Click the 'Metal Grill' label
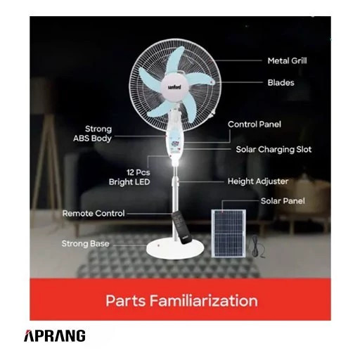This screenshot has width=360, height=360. click(x=287, y=61)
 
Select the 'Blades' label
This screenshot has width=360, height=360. click(x=281, y=82)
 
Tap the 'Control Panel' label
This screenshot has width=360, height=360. click(x=255, y=124)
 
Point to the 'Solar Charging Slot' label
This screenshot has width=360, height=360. click(x=274, y=150)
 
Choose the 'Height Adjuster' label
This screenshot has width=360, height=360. click(x=258, y=181)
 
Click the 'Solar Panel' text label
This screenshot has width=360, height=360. click(x=283, y=201)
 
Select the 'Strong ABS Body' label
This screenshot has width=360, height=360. click(x=92, y=134)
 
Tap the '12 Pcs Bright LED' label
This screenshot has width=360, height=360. click(x=129, y=177)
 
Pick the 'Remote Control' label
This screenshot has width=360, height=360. click(x=94, y=213)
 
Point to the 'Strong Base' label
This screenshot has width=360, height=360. click(x=86, y=243)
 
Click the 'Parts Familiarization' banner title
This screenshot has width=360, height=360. click(x=181, y=300)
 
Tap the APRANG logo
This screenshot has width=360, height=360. click(x=55, y=335)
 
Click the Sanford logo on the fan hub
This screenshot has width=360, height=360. click(x=174, y=87)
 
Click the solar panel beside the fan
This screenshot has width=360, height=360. click(x=229, y=233)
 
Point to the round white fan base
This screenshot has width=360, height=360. click(x=175, y=250)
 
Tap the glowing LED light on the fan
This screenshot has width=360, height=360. click(x=174, y=162)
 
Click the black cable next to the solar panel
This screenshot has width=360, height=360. click(x=258, y=247)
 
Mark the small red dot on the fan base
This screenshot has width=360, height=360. click(x=159, y=245)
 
